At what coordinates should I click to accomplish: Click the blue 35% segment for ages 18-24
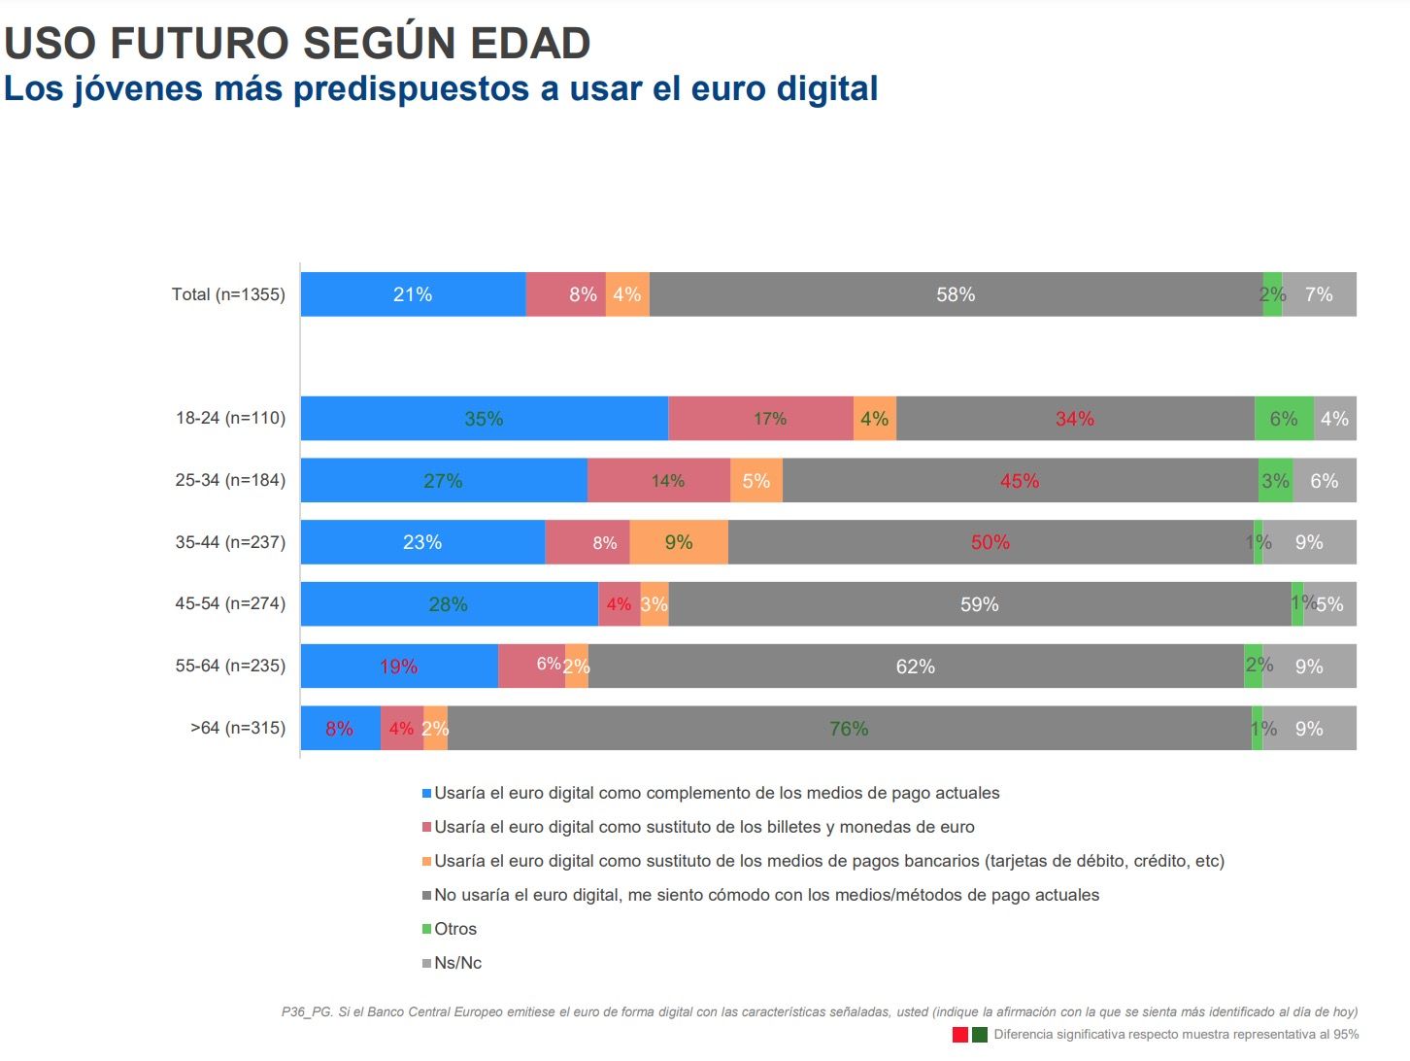coord(484,419)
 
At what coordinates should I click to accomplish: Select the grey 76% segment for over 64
coord(849,729)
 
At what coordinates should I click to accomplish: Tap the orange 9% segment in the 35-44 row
coord(679,542)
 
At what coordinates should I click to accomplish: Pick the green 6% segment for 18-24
coord(1284,419)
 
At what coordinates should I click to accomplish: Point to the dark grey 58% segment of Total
coord(956,294)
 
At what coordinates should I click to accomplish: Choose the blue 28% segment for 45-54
coord(449,604)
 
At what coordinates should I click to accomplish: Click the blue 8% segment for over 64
coord(340,729)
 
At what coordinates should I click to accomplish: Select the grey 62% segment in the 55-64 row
coord(916,667)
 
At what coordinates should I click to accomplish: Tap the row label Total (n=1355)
coord(228,294)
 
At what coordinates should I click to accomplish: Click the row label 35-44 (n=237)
coord(230,542)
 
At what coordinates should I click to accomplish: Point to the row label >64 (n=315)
coord(238,728)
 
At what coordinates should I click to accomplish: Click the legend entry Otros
coord(455,929)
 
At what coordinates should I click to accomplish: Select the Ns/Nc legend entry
coord(457,963)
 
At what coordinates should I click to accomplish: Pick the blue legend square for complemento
coord(426,794)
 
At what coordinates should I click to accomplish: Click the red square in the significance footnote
coord(960,1035)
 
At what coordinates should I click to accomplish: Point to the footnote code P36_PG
coord(307,1012)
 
